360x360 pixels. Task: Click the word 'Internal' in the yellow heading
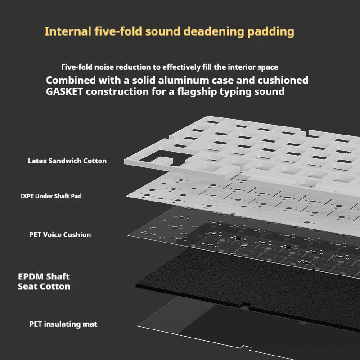(67, 32)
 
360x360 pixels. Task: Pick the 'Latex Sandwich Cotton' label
(67, 161)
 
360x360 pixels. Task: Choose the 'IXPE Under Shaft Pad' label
(51, 196)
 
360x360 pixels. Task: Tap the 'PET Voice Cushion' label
(60, 234)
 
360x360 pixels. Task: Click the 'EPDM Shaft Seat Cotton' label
(44, 281)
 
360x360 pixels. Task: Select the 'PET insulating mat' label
(63, 324)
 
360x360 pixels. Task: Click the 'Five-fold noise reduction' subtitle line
(170, 67)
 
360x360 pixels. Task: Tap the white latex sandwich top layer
(252, 148)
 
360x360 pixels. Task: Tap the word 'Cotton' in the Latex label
(95, 161)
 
